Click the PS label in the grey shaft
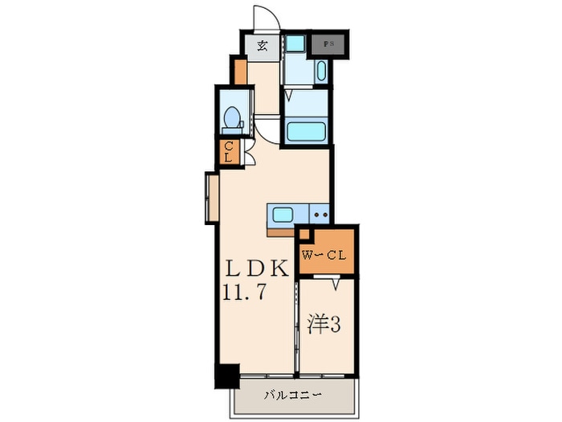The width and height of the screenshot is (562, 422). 329,44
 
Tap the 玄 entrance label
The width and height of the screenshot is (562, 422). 263,45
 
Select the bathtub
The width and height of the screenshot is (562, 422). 305,131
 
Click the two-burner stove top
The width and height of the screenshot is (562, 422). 320,215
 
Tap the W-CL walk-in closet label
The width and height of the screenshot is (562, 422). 324,256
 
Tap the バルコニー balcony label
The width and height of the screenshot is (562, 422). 294,395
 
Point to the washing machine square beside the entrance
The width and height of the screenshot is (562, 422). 295,44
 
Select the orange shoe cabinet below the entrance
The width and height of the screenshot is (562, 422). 239,70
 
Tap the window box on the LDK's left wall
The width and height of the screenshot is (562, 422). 211,197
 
